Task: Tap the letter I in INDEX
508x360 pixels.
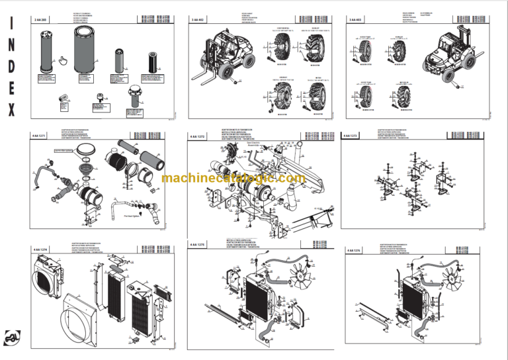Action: click(11, 25)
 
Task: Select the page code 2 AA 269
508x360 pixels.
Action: click(42, 21)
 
